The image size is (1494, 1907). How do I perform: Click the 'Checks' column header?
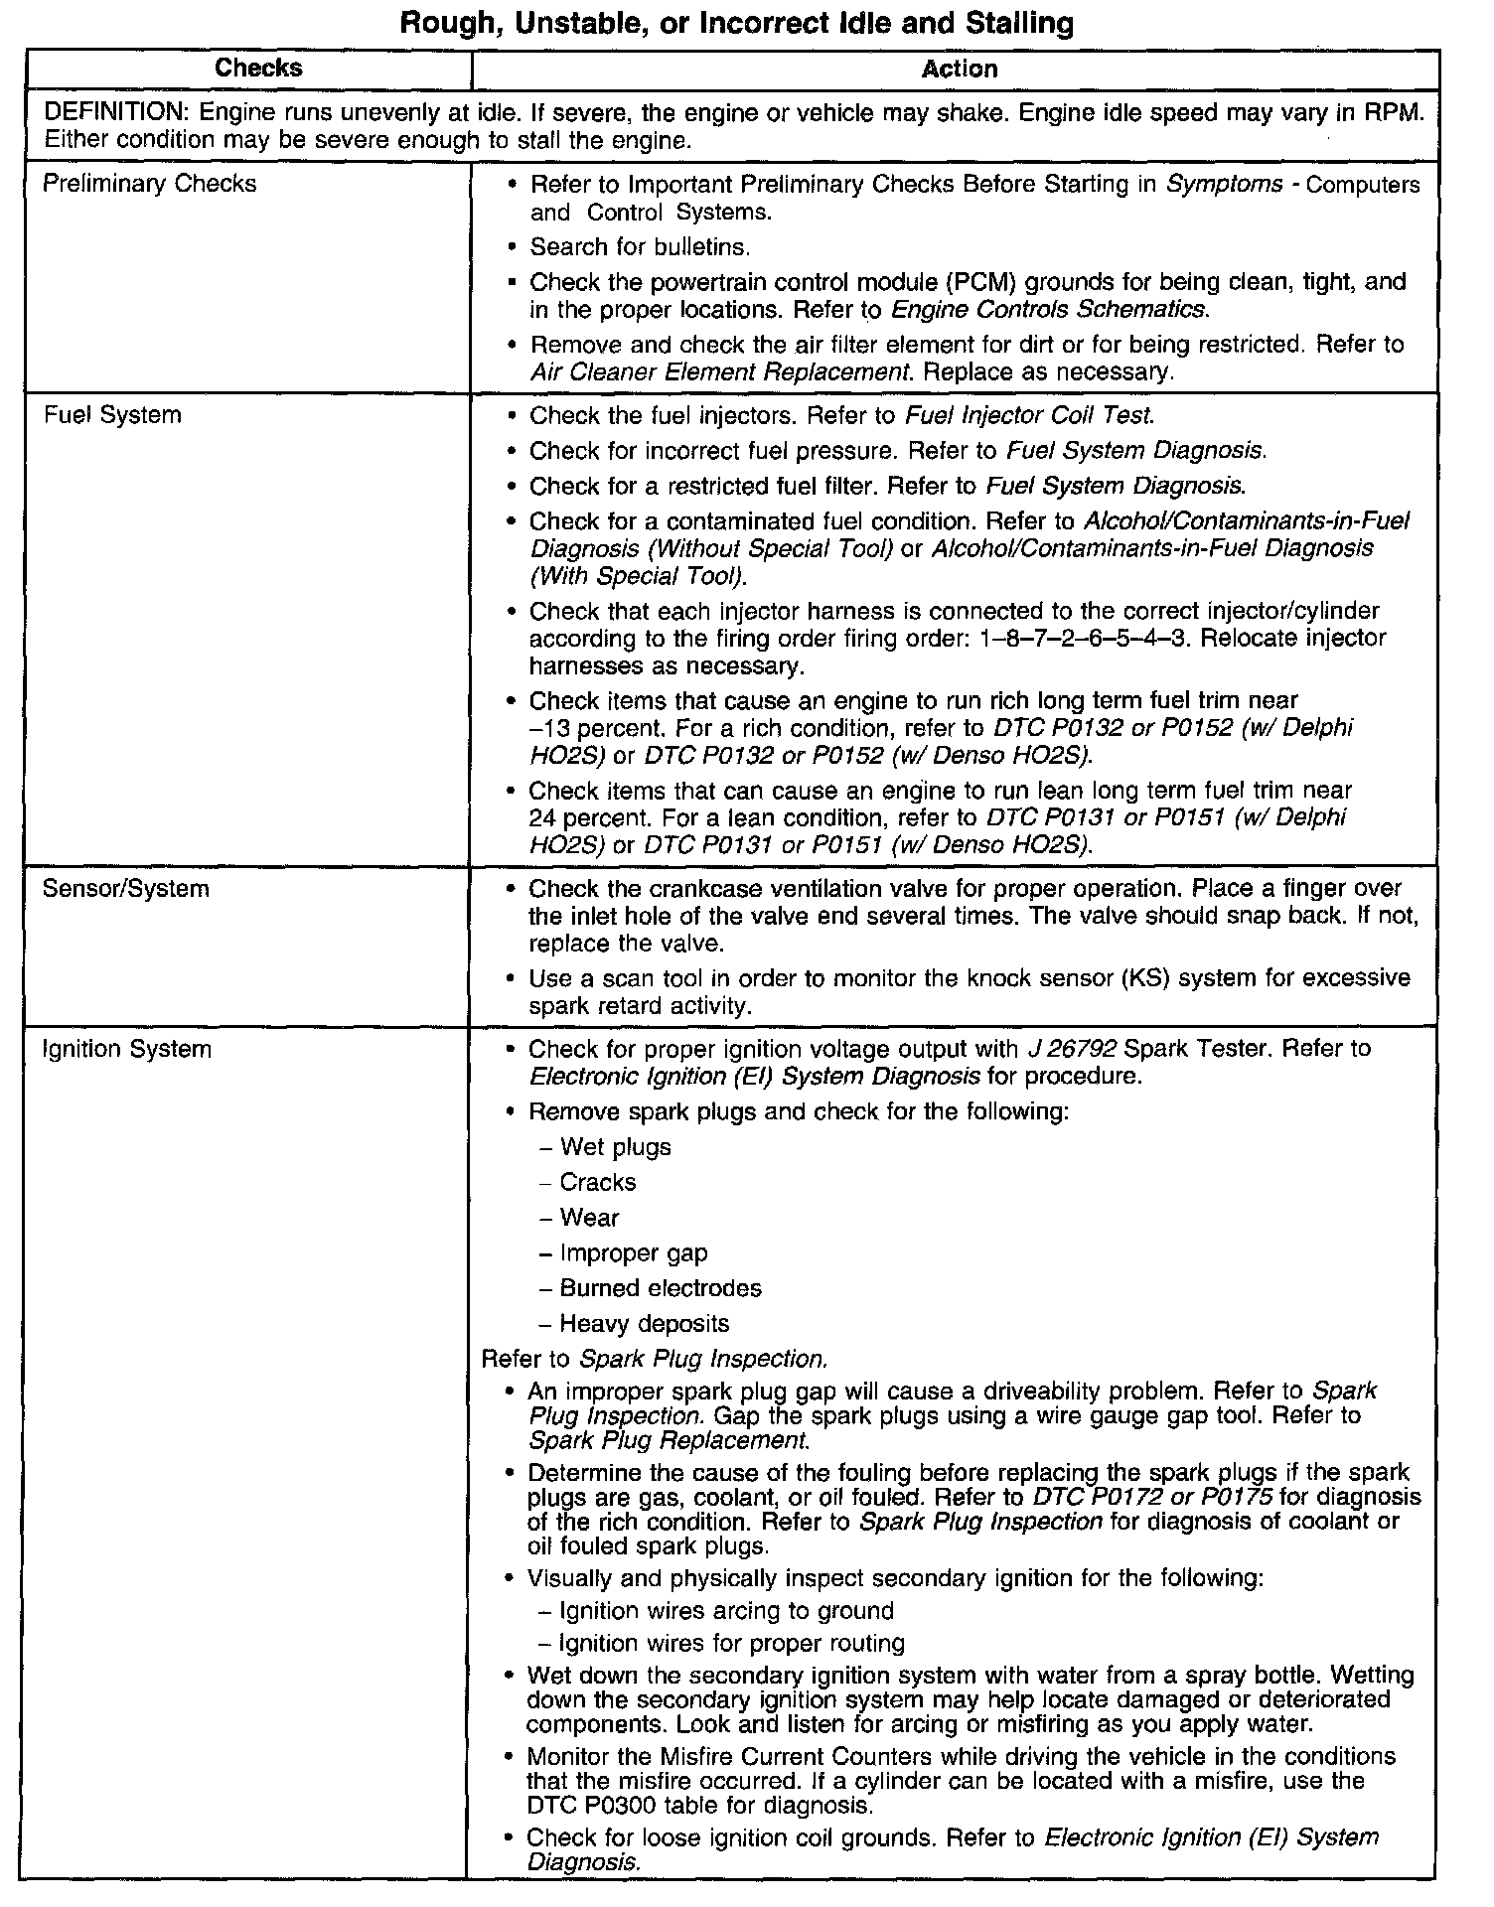[x=258, y=69]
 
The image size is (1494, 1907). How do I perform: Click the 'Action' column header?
[x=959, y=69]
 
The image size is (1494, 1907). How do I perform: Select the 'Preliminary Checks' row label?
[x=149, y=184]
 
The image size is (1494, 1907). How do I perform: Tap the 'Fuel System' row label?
[x=112, y=415]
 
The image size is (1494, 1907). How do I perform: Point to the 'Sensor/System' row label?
[x=126, y=888]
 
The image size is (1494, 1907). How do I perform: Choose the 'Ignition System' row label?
[x=126, y=1049]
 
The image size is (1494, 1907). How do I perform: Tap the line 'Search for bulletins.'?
[x=640, y=246]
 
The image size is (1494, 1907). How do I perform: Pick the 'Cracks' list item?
[x=597, y=1182]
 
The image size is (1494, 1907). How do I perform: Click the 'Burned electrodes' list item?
[x=660, y=1288]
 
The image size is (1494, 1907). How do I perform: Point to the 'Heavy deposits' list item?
[x=644, y=1323]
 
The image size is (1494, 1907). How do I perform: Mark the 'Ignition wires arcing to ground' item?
[x=726, y=1610]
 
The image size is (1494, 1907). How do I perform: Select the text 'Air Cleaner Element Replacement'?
[x=719, y=372]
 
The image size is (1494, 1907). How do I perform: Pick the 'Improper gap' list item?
[x=633, y=1252]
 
